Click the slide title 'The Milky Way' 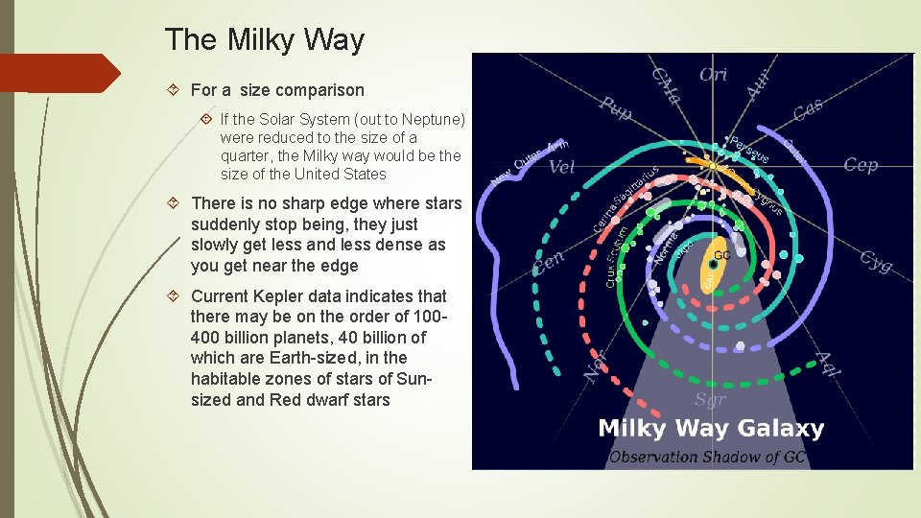[265, 40]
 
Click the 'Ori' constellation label [712, 74]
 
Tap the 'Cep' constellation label [860, 165]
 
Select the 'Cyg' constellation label [875, 260]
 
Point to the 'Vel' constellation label [562, 168]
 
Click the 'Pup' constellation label [615, 108]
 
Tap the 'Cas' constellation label [808, 110]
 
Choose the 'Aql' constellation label [828, 365]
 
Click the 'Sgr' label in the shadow [710, 400]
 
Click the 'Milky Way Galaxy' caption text [711, 429]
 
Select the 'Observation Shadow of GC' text [707, 457]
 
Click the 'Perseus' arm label [748, 150]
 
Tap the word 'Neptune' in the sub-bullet [435, 120]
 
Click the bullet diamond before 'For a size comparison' [175, 90]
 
